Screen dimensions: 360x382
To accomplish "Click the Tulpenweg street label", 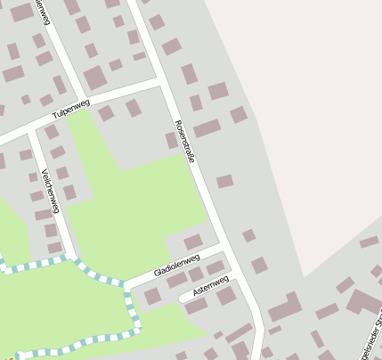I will [71, 110].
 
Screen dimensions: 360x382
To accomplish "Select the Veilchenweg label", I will [50, 190].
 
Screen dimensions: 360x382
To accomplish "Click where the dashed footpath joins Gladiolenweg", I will [126, 285].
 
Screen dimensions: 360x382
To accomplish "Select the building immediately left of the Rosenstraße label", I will [171, 140].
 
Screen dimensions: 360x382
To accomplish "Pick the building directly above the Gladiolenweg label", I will [192, 241].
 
